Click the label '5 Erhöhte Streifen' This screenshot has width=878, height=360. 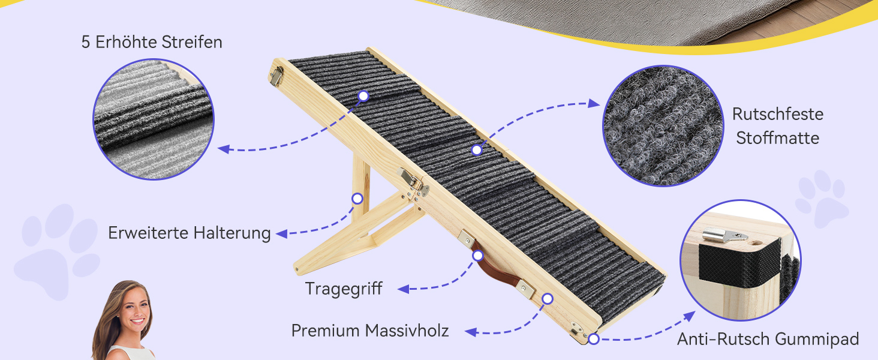click(x=152, y=42)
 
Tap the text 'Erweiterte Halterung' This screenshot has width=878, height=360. click(x=190, y=233)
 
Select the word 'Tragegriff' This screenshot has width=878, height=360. click(x=344, y=289)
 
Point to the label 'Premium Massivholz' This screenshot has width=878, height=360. click(x=370, y=331)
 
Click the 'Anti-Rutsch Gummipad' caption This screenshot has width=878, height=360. click(x=768, y=339)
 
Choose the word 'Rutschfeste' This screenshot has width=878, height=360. click(x=778, y=114)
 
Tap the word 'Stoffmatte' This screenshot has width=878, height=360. click(x=778, y=138)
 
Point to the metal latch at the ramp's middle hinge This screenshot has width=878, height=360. click(x=410, y=179)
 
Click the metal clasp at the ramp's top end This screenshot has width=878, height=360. click(x=276, y=76)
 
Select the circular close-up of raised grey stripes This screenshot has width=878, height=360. click(x=154, y=119)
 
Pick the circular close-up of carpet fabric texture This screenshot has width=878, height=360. click(x=663, y=126)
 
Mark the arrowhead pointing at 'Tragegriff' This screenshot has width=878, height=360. click(x=404, y=289)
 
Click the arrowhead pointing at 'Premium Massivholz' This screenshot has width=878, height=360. click(x=471, y=332)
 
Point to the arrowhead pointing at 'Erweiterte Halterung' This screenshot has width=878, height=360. click(x=281, y=234)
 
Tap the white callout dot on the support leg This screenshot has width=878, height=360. click(x=357, y=199)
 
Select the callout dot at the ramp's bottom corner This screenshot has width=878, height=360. click(x=594, y=339)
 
